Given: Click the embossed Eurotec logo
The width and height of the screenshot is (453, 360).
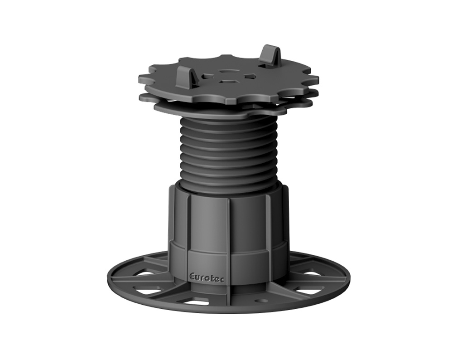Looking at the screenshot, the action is (x=208, y=277).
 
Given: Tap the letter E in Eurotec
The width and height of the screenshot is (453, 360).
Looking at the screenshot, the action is (x=192, y=277).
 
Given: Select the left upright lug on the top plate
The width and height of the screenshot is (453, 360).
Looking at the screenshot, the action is (x=185, y=77).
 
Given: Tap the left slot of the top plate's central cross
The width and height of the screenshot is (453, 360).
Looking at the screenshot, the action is (x=207, y=77).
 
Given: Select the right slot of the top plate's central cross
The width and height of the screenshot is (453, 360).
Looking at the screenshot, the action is (x=246, y=76).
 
